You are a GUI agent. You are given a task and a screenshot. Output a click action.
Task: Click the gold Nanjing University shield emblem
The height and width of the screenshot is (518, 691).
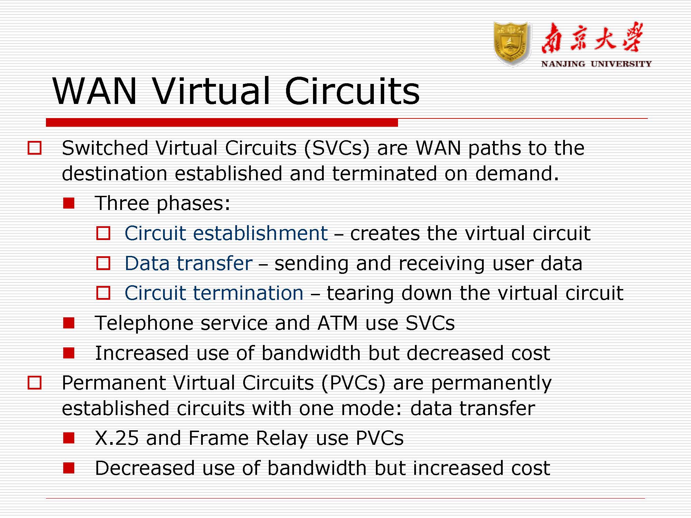[512, 44]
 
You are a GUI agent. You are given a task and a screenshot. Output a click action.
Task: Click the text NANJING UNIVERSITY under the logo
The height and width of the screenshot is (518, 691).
[596, 64]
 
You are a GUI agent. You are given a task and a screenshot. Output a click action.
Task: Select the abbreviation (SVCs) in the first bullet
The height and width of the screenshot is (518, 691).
[337, 148]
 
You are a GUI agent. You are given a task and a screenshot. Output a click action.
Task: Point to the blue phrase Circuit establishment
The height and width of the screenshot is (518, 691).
[226, 233]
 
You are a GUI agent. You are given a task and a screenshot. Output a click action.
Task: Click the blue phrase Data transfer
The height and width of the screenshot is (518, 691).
[189, 263]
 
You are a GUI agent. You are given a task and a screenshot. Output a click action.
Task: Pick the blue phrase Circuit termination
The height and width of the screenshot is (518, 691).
[214, 293]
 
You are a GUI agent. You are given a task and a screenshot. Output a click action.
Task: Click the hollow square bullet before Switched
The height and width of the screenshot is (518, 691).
[35, 148]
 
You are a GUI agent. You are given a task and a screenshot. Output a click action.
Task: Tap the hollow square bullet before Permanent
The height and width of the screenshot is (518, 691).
[35, 383]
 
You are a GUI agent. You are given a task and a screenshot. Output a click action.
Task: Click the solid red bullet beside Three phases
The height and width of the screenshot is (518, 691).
[69, 203]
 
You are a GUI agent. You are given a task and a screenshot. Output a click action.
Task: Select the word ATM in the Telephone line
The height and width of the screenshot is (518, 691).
[337, 323]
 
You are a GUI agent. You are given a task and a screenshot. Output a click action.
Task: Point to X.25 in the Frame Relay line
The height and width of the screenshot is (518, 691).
[117, 438]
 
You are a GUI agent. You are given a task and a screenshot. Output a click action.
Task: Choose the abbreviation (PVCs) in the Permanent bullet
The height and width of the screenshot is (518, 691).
[353, 383]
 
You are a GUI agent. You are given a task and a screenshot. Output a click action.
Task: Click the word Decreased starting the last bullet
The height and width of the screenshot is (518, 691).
[145, 468]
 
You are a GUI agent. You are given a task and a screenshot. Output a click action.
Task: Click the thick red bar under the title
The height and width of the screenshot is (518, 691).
[222, 122]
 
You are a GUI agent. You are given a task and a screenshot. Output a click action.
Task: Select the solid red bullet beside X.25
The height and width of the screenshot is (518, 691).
[69, 438]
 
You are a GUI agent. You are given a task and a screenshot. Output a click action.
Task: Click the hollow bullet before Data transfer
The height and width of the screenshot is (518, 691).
[103, 263]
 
